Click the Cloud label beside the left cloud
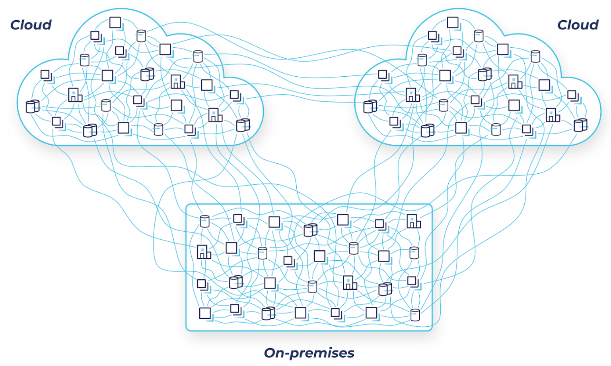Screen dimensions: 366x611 click(31, 25)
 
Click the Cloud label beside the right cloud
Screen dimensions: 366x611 click(578, 25)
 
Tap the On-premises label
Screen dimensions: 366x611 click(309, 353)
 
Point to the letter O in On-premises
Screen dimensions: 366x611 click(270, 353)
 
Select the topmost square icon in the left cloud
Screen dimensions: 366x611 click(115, 22)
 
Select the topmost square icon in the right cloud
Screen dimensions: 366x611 click(453, 22)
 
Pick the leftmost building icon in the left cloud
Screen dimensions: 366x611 click(75, 95)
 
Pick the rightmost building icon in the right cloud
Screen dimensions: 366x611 click(553, 115)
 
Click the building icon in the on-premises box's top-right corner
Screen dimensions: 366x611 click(413, 221)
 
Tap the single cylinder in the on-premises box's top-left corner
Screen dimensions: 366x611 click(205, 221)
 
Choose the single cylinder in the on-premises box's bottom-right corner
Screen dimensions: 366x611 click(415, 315)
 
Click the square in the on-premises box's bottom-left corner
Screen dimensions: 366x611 click(205, 313)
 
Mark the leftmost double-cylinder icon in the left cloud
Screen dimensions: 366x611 click(33, 107)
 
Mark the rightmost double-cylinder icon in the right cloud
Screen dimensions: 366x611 click(580, 125)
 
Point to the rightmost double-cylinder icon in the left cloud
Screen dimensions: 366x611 click(243, 125)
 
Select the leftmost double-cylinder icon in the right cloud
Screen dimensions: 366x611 click(370, 107)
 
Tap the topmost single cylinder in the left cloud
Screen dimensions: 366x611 click(141, 36)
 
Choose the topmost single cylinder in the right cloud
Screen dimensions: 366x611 click(479, 36)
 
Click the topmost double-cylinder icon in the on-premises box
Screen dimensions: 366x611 click(310, 230)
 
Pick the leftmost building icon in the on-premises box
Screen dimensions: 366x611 click(204, 252)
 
